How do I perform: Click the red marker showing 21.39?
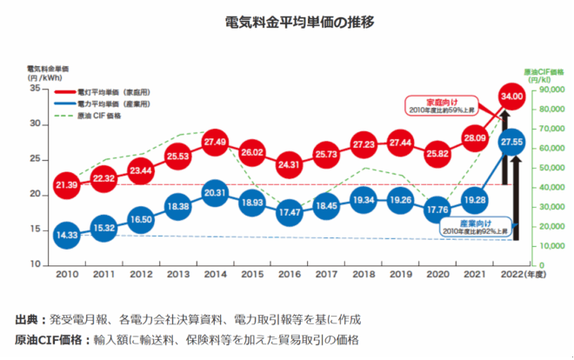[x=66, y=184]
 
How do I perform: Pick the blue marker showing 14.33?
[x=66, y=234]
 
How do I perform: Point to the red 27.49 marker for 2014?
[x=215, y=142]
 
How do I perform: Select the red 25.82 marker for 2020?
[x=437, y=154]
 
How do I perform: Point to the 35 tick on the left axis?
[x=34, y=89]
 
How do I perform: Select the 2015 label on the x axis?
[x=252, y=275]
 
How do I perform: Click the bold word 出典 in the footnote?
[x=27, y=319]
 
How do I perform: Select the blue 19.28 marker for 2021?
[x=475, y=199]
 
